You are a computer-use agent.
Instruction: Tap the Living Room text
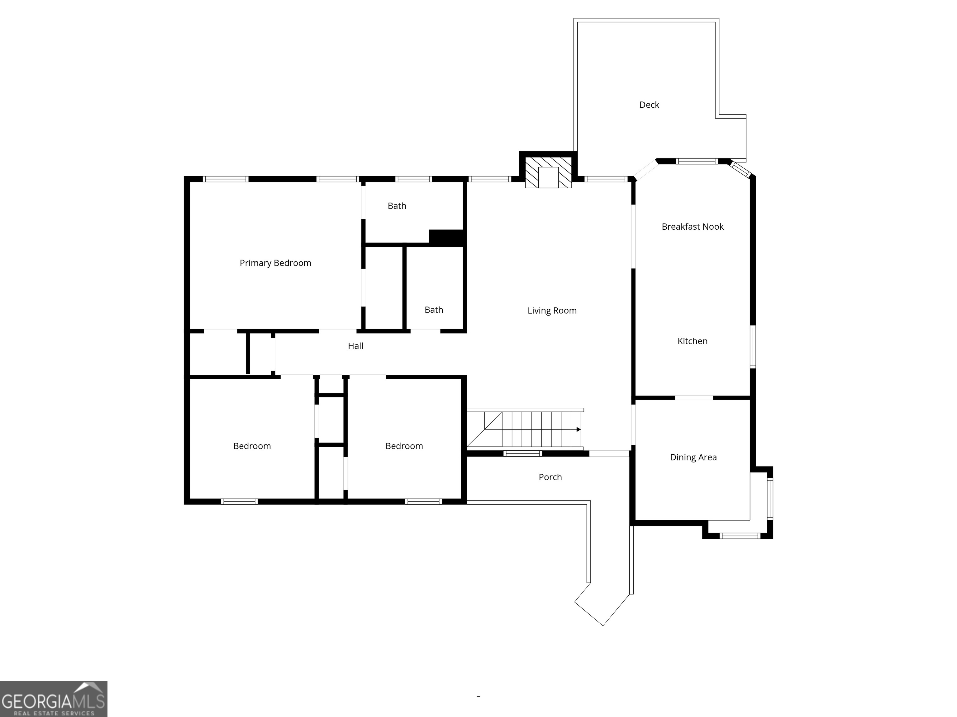pyautogui.click(x=552, y=311)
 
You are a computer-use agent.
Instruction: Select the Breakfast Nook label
pyautogui.click(x=692, y=227)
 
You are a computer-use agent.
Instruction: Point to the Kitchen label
pyautogui.click(x=692, y=341)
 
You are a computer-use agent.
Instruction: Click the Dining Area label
pyautogui.click(x=693, y=457)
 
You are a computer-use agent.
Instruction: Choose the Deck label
pyautogui.click(x=649, y=105)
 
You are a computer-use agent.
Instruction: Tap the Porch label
pyautogui.click(x=550, y=477)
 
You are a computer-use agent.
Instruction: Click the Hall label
pyautogui.click(x=356, y=346)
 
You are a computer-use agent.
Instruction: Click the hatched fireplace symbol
pyautogui.click(x=548, y=172)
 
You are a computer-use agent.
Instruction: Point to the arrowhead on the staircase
pyautogui.click(x=578, y=429)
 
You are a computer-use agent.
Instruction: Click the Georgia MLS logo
pyautogui.click(x=53, y=699)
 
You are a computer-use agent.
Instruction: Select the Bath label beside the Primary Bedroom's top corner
pyautogui.click(x=397, y=206)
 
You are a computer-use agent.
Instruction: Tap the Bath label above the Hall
pyautogui.click(x=434, y=310)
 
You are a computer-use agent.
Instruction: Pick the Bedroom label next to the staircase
pyautogui.click(x=404, y=446)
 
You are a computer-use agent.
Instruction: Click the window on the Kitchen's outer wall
pyautogui.click(x=753, y=347)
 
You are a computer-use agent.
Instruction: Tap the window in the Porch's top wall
pyautogui.click(x=523, y=453)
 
